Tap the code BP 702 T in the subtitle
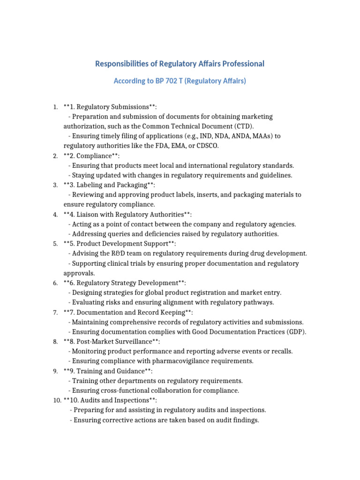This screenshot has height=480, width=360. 171,81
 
